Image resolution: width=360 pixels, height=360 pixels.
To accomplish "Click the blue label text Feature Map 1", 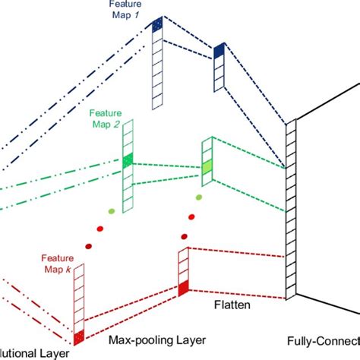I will (x=130, y=9).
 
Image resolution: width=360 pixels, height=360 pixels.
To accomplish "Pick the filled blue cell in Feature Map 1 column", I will (x=157, y=25).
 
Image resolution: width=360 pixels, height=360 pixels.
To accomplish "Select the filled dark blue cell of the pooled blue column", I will (x=219, y=51).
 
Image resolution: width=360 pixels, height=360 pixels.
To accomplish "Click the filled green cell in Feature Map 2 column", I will (x=128, y=159).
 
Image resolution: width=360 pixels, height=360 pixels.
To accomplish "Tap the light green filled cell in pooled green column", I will (x=206, y=166).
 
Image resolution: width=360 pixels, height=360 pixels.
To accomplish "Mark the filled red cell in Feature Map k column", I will (x=80, y=335).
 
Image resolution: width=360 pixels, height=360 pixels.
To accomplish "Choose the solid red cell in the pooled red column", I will (x=182, y=287).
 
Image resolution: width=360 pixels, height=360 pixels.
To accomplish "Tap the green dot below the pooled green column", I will (x=199, y=197).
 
